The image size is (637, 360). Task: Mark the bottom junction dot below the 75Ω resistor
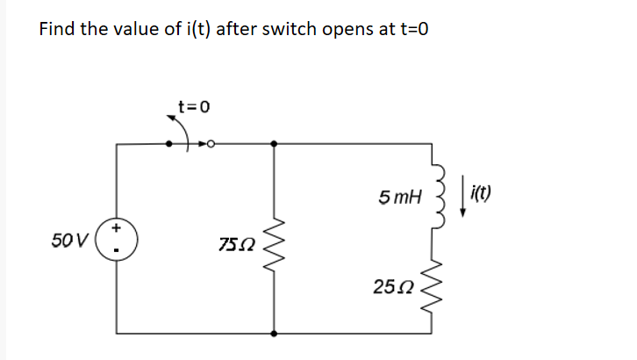point(276,334)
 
